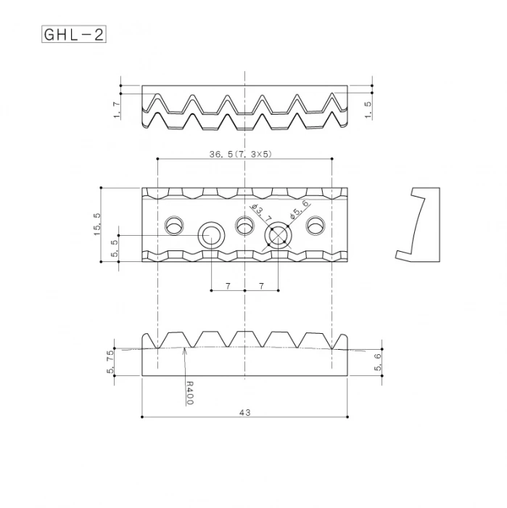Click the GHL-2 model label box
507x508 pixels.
[x=74, y=34]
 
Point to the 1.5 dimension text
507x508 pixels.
[x=368, y=110]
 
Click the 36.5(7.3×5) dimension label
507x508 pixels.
[x=240, y=154]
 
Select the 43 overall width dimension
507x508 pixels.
[x=244, y=412]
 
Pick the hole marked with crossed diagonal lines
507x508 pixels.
[x=279, y=236]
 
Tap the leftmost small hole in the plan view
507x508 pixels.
[x=175, y=226]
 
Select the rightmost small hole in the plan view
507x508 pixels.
[x=315, y=226]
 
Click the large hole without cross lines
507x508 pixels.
[x=211, y=236]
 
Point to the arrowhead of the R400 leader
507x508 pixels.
[x=186, y=350]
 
